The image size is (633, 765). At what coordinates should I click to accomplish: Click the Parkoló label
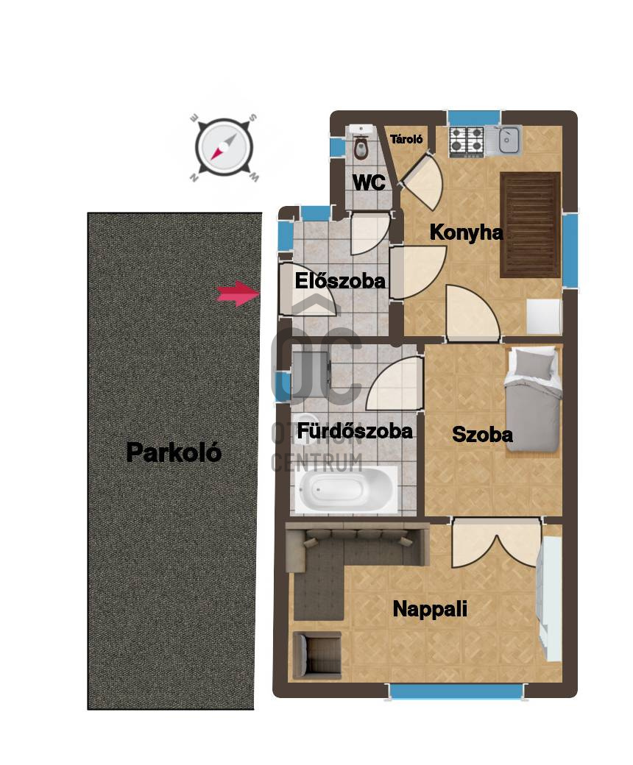(x=174, y=453)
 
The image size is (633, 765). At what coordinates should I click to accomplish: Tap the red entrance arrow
(x=238, y=293)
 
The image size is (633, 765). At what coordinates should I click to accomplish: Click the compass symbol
(x=224, y=147)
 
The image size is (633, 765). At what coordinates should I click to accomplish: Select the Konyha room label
(x=466, y=232)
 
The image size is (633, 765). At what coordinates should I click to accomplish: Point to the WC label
(x=369, y=182)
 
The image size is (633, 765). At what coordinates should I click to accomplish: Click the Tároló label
(x=406, y=139)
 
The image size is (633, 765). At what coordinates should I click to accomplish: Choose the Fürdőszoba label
(x=355, y=431)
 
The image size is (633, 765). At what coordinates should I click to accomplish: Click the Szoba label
(x=482, y=434)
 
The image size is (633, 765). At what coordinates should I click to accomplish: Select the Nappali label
(x=430, y=609)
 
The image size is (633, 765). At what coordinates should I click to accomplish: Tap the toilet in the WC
(x=361, y=146)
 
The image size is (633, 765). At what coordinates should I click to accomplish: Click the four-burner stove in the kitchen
(x=467, y=141)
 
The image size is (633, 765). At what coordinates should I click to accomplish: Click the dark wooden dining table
(x=531, y=224)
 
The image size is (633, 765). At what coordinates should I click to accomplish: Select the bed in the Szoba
(x=532, y=399)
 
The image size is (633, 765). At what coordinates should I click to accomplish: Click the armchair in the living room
(x=316, y=655)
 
